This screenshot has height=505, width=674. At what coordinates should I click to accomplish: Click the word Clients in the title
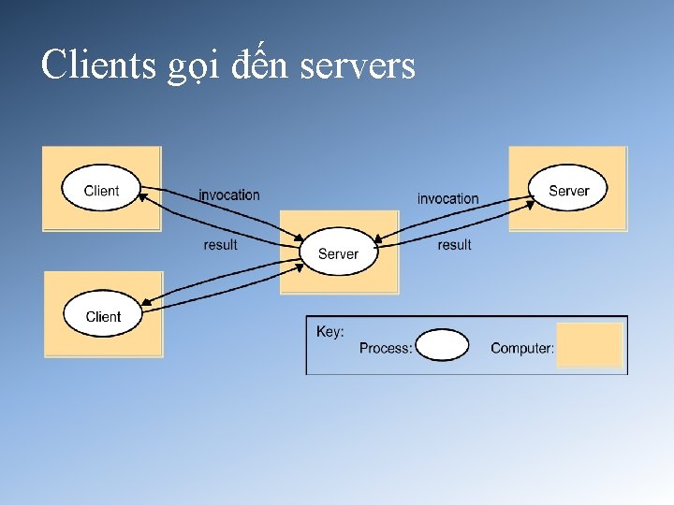tap(98, 65)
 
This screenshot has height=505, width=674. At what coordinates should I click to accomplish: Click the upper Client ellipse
tap(101, 190)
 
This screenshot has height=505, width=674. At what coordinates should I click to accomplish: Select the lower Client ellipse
tap(102, 316)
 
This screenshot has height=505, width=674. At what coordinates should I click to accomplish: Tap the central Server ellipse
tap(338, 252)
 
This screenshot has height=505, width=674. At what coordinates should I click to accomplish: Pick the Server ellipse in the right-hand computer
tap(568, 190)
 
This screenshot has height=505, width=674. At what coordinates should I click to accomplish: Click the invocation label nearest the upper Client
tap(229, 195)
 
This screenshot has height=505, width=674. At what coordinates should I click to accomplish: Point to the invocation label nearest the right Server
tap(447, 198)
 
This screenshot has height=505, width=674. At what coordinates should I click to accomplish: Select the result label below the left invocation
tap(221, 245)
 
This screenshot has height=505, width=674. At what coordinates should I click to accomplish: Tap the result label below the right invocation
tap(454, 245)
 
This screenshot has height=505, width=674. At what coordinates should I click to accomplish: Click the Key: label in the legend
tap(330, 331)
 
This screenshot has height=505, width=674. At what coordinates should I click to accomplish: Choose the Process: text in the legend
tap(386, 348)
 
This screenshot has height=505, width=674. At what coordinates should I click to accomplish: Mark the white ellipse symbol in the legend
tap(442, 345)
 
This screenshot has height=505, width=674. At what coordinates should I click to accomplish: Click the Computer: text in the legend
tap(522, 348)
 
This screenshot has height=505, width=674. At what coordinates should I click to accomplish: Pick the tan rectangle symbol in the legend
tap(590, 344)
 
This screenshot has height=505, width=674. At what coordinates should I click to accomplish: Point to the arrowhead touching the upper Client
tap(145, 193)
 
